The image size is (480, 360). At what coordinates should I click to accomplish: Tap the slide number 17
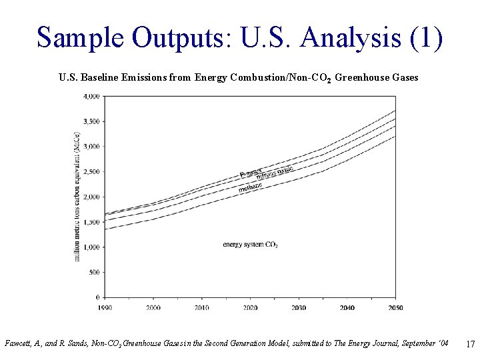point(470,344)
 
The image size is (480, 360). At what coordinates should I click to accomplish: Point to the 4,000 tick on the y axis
point(91,96)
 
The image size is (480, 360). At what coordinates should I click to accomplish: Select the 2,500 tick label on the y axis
point(91,172)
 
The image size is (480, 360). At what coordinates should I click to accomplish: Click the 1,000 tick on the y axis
point(91,247)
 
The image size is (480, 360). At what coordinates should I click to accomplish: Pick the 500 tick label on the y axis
point(94,272)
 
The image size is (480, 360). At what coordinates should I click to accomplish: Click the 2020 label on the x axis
point(251,307)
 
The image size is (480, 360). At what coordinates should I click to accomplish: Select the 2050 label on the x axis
point(395,307)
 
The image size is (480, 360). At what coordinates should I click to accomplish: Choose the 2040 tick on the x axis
point(347,307)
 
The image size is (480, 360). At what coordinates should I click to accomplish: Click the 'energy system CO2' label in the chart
point(250,245)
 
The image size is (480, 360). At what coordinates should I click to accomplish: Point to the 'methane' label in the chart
point(250,187)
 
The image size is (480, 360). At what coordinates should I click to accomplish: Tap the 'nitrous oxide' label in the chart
point(275,173)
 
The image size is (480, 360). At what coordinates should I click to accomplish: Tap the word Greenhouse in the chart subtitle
point(363,77)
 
